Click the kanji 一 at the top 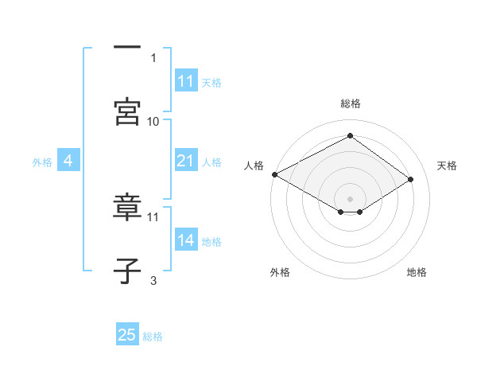coord(127,47)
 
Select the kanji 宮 coord(127,111)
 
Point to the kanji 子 coord(127,271)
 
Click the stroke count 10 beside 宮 coord(153,121)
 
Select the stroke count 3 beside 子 coord(153,280)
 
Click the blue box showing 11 coord(185,81)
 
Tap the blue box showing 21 coord(185,161)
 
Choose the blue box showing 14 coord(185,240)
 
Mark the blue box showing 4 coord(68,161)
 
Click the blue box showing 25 coord(127,335)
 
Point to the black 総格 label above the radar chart coord(351,104)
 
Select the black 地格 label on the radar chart coord(417,272)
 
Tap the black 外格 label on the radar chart coord(280,272)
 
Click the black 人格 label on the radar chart coord(254,165)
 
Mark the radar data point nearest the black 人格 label coord(274,174)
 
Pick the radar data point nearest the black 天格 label coord(411,180)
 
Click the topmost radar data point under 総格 coord(350,135)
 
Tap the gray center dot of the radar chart coord(350,198)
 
